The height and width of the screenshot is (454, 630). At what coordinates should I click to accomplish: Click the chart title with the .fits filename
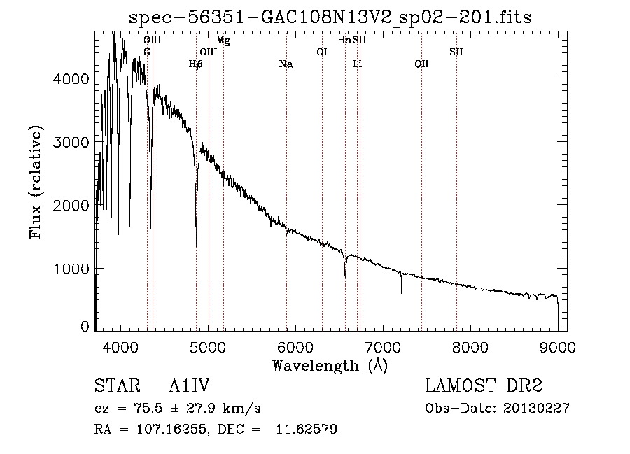click(x=330, y=17)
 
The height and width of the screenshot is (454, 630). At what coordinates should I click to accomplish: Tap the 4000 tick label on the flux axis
click(x=71, y=78)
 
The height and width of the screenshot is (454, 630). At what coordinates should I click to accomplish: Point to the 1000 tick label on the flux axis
click(x=71, y=269)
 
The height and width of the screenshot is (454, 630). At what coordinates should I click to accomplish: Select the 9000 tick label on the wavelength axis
click(x=558, y=347)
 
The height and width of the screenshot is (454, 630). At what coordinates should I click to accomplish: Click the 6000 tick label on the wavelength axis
click(x=295, y=347)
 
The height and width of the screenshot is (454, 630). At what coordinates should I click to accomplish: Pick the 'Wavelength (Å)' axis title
click(x=330, y=366)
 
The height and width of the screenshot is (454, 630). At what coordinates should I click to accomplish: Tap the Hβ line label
click(x=195, y=64)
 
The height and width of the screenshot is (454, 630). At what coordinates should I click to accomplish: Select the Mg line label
click(x=223, y=40)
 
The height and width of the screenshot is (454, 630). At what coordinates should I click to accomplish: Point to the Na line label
click(x=286, y=64)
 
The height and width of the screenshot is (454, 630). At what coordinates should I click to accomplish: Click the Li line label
click(x=357, y=64)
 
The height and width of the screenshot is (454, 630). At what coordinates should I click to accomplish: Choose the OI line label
click(x=322, y=52)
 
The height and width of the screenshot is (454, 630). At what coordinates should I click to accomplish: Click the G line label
click(x=147, y=52)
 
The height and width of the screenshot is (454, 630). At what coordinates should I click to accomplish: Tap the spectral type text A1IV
click(x=189, y=385)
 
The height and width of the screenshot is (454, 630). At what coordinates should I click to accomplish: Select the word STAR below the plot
click(x=118, y=385)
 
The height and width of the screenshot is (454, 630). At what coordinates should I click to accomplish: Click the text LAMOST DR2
click(x=484, y=385)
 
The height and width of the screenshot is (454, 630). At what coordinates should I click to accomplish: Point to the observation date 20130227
click(x=536, y=409)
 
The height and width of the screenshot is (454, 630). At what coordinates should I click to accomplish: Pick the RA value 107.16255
click(x=171, y=429)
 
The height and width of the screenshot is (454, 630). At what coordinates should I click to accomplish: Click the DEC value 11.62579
click(x=307, y=429)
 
